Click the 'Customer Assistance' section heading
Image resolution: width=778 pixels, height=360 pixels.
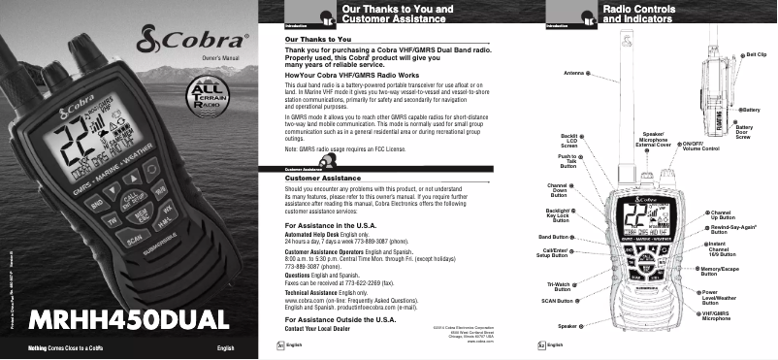pyautogui.click(x=317, y=179)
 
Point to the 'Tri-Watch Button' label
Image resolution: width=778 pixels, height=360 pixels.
pyautogui.click(x=558, y=286)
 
